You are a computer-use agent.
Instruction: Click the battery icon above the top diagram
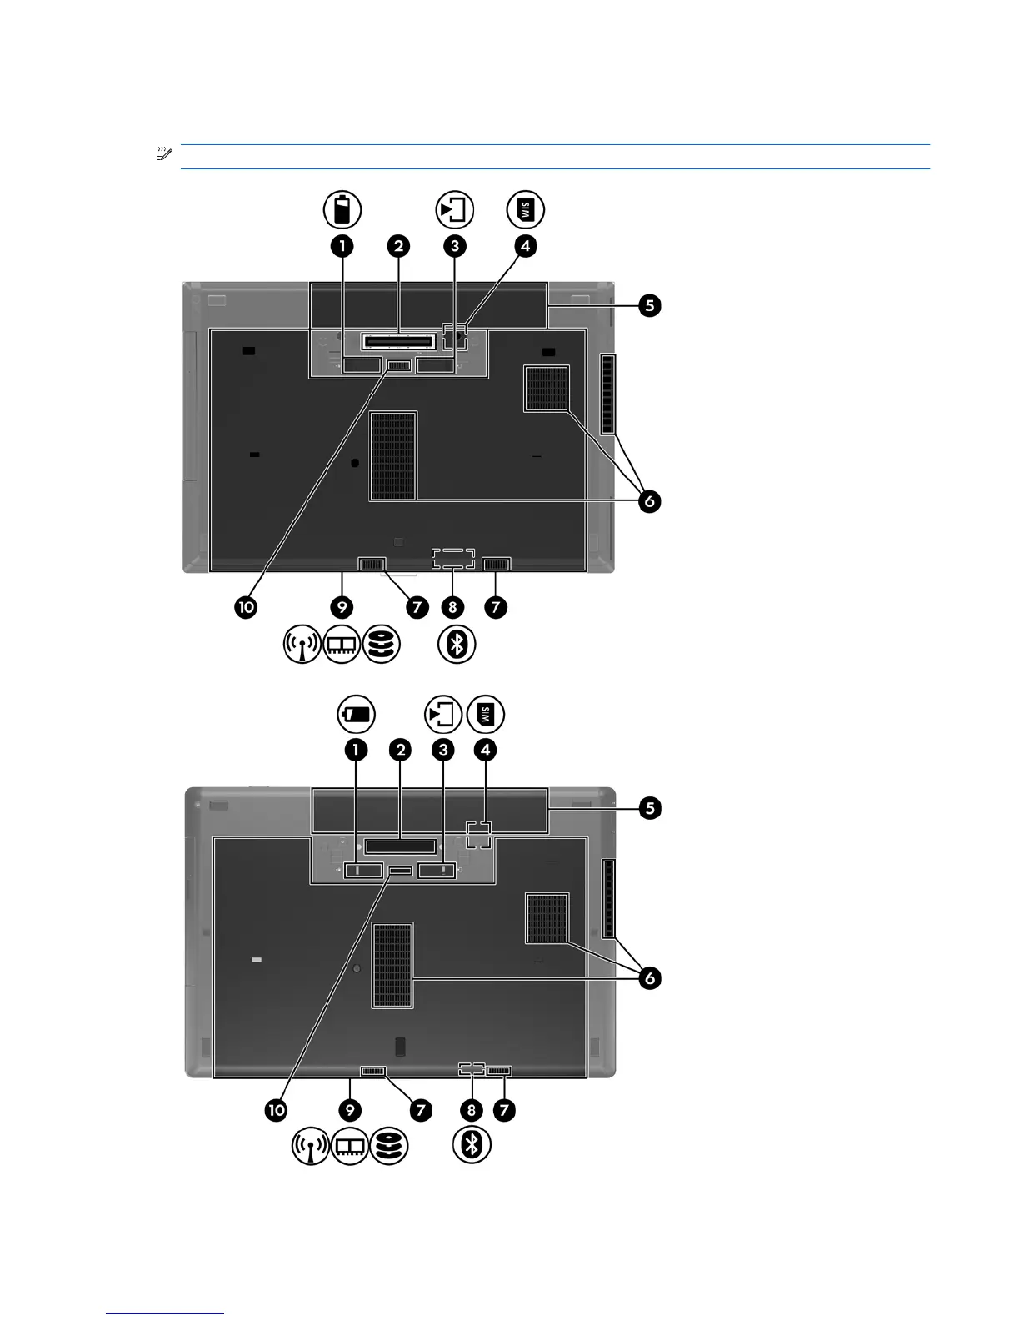pyautogui.click(x=342, y=209)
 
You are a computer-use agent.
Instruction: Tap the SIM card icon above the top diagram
pyautogui.click(x=526, y=209)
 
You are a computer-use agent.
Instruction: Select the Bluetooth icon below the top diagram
pyautogui.click(x=457, y=644)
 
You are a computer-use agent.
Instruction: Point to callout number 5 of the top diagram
pyautogui.click(x=650, y=305)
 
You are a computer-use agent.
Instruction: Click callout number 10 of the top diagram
pyautogui.click(x=246, y=606)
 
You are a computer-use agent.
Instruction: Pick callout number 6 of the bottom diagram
pyautogui.click(x=649, y=977)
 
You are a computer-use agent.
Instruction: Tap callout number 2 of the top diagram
pyautogui.click(x=398, y=246)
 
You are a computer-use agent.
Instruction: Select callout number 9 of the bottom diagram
pyautogui.click(x=351, y=1109)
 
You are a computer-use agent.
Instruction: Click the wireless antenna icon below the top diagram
pyautogui.click(x=302, y=645)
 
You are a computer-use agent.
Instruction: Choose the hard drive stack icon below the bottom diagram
pyautogui.click(x=389, y=1146)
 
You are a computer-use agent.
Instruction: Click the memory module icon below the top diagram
pyautogui.click(x=342, y=645)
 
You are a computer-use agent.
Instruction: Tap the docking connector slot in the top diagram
pyautogui.click(x=399, y=342)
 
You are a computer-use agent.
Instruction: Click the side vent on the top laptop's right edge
pyautogui.click(x=609, y=394)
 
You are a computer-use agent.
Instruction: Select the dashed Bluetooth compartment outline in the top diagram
pyautogui.click(x=453, y=558)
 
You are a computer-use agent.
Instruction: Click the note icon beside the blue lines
pyautogui.click(x=163, y=154)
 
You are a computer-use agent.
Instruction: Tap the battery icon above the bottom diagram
pyautogui.click(x=356, y=715)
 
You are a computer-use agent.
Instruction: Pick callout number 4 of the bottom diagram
pyautogui.click(x=485, y=749)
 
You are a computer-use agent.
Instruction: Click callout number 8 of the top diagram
pyautogui.click(x=452, y=606)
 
